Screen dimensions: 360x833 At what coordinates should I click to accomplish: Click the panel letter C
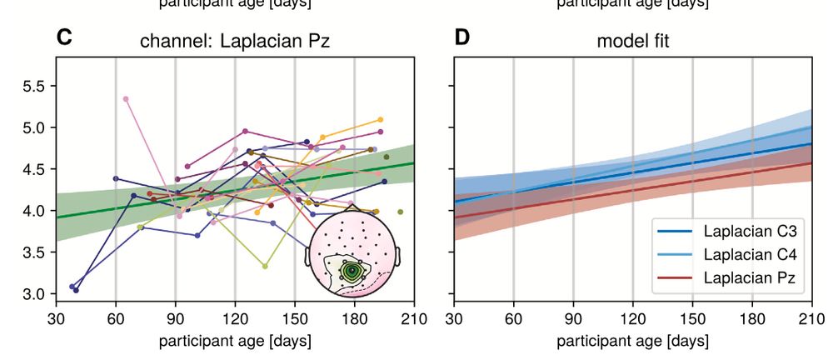(63, 37)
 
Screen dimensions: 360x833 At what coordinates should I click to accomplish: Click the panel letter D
(464, 37)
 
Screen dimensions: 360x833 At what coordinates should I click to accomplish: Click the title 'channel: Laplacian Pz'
(235, 41)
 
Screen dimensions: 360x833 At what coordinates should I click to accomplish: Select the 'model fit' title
(632, 41)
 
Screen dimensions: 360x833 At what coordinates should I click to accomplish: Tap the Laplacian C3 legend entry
(733, 230)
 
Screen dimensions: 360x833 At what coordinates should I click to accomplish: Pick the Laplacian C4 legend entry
(733, 253)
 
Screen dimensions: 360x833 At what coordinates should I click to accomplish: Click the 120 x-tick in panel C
(235, 317)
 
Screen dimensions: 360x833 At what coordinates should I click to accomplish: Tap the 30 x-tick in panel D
(454, 317)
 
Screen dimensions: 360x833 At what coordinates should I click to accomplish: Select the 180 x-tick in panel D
(752, 317)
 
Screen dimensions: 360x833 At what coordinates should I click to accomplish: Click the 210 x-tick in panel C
(414, 317)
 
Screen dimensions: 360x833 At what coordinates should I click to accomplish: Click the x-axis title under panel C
(235, 341)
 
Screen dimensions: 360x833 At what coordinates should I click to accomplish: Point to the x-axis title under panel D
(632, 341)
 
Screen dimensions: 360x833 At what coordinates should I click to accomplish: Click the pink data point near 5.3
(126, 99)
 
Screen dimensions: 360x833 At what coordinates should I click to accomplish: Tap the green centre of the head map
(353, 271)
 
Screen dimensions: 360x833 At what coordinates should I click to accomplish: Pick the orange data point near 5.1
(380, 120)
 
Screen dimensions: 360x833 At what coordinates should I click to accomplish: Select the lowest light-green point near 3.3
(265, 267)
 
